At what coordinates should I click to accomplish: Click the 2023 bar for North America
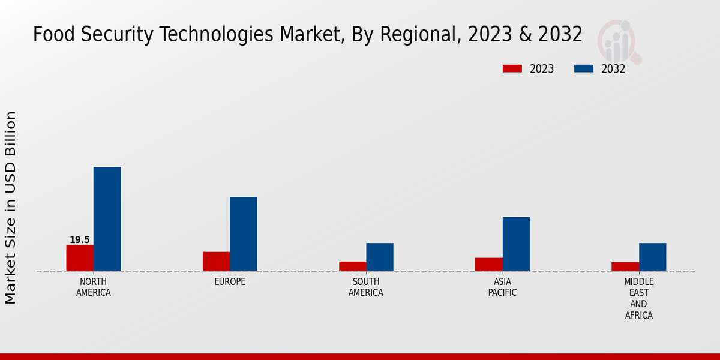80,257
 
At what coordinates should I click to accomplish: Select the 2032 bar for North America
107,219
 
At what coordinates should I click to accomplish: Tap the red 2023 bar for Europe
216,261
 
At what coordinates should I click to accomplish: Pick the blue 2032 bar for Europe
243,234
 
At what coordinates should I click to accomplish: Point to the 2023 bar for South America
352,266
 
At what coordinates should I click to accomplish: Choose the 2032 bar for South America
380,257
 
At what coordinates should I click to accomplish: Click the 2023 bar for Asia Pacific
488,264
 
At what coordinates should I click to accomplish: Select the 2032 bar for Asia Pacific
516,244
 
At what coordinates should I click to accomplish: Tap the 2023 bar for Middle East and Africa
625,266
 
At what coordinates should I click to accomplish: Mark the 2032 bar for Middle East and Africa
652,257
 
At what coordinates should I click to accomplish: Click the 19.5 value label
80,240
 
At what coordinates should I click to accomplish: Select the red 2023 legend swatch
512,68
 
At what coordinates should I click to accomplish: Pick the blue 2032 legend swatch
583,68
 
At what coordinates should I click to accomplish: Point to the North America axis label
94,287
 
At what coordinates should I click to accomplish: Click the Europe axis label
230,282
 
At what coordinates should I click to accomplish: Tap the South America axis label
366,287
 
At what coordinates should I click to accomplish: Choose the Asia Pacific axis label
502,287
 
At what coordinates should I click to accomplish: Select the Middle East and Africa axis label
639,299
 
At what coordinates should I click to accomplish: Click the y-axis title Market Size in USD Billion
11,207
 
